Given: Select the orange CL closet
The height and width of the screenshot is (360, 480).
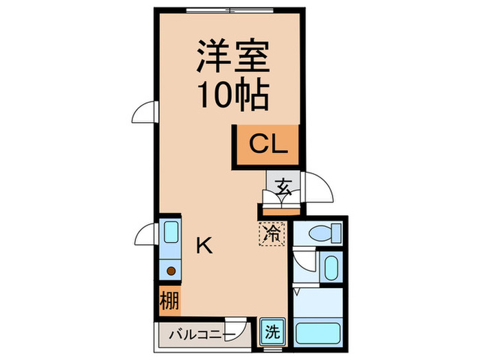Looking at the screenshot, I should pyautogui.click(x=267, y=145).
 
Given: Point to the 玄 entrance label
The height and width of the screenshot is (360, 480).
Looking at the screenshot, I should pyautogui.click(x=282, y=185).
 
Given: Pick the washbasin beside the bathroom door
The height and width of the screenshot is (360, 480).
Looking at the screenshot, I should pyautogui.click(x=330, y=268).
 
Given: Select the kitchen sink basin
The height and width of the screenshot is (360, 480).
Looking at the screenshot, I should pyautogui.click(x=169, y=232).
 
